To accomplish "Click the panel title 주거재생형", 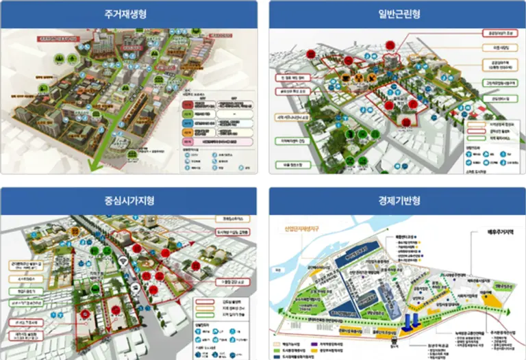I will tap(129, 14).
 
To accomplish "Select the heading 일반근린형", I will tap(397, 14).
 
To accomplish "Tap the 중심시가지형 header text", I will tap(129, 201).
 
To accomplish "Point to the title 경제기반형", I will tap(397, 201).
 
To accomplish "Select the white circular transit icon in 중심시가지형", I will tap(136, 287).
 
